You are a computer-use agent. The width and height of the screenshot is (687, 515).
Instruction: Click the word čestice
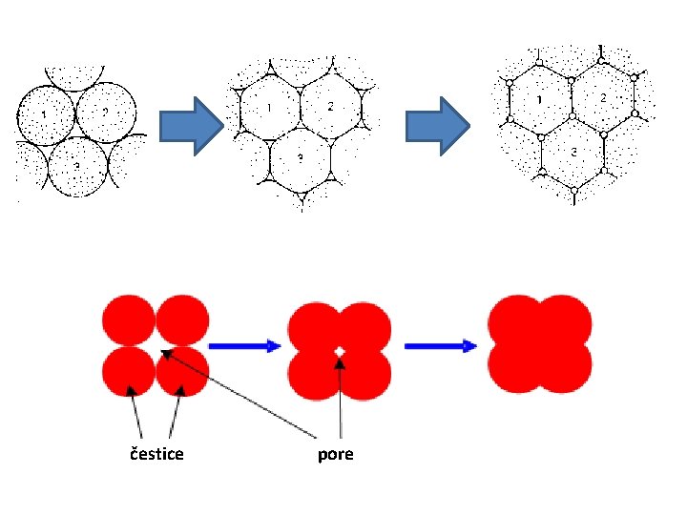(x=156, y=454)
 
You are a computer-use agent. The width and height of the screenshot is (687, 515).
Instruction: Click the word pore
(x=335, y=454)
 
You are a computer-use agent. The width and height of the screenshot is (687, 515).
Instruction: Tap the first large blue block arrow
(x=191, y=125)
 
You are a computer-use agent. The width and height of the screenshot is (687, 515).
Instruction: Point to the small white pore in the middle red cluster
(x=339, y=352)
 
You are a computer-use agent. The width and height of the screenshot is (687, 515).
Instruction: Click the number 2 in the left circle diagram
(x=105, y=111)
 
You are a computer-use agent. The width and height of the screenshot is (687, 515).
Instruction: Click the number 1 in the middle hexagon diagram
(x=270, y=107)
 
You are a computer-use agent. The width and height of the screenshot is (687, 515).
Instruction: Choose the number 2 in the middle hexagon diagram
(x=330, y=106)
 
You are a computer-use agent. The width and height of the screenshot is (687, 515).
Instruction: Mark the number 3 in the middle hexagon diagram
(x=301, y=155)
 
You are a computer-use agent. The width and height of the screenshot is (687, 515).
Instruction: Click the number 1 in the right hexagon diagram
(x=541, y=99)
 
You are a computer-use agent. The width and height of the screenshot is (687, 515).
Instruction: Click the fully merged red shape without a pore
(x=540, y=344)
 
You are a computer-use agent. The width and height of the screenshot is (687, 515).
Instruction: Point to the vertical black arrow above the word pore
(x=341, y=401)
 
